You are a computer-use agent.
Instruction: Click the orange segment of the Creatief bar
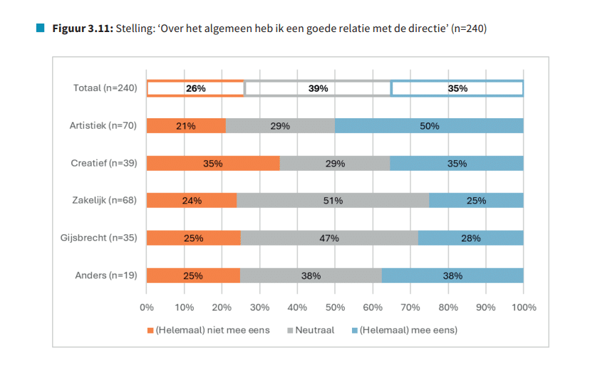pyautogui.click(x=213, y=163)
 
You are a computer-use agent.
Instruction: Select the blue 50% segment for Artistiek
pyautogui.click(x=429, y=126)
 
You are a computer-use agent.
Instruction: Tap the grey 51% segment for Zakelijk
pyautogui.click(x=333, y=200)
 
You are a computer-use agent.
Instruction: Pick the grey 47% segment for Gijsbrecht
pyautogui.click(x=329, y=238)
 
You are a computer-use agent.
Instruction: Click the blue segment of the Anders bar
pyautogui.click(x=452, y=275)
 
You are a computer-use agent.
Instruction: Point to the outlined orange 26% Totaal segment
pyautogui.click(x=195, y=88)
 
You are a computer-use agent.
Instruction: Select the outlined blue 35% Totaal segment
pyautogui.click(x=457, y=88)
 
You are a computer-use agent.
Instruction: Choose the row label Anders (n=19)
pyautogui.click(x=106, y=275)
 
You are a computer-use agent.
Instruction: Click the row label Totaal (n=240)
pyautogui.click(x=105, y=88)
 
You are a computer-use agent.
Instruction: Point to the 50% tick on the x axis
pyautogui.click(x=335, y=307)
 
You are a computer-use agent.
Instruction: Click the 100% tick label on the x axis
pyautogui.click(x=523, y=307)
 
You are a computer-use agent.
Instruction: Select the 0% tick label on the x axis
pyautogui.click(x=147, y=307)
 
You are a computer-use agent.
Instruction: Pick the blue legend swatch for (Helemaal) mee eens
pyautogui.click(x=353, y=330)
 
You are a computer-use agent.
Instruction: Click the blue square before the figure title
pyautogui.click(x=40, y=28)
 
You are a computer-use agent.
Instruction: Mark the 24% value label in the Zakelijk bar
pyautogui.click(x=192, y=201)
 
